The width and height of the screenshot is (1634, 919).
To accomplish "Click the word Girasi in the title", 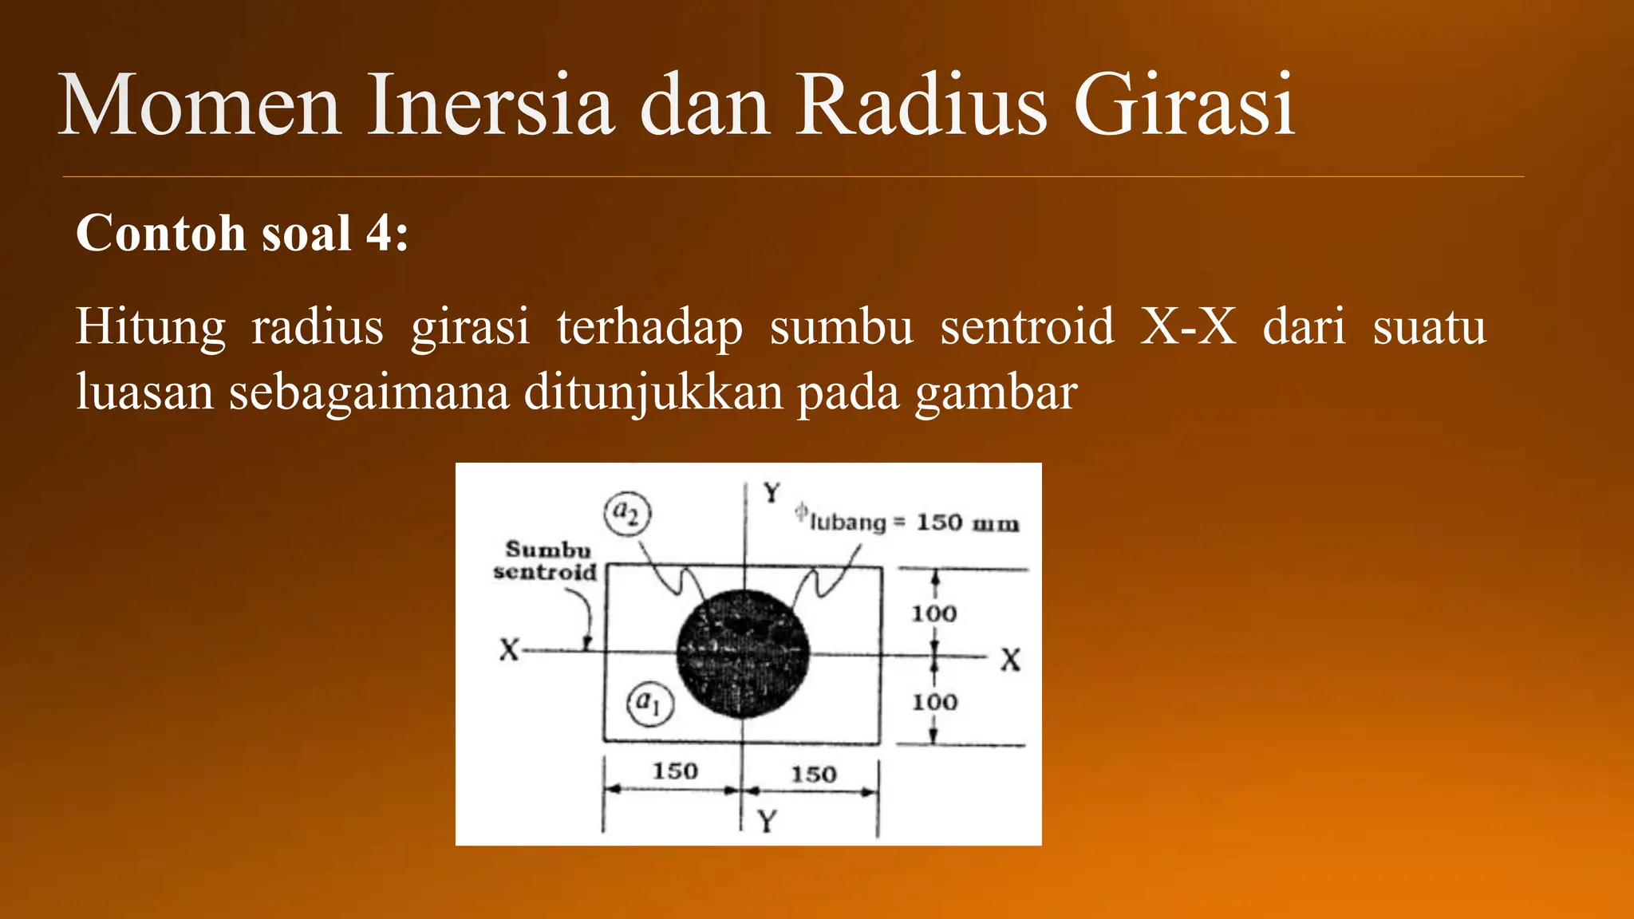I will (x=1184, y=105).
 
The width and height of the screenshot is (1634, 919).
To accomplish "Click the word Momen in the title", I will (x=199, y=105).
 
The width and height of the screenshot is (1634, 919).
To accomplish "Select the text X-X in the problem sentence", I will (x=1189, y=326).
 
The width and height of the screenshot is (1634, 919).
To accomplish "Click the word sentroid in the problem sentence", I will (x=1027, y=326).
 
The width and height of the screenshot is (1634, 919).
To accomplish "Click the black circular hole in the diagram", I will (x=743, y=654).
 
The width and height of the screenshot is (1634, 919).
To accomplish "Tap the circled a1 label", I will (x=649, y=704).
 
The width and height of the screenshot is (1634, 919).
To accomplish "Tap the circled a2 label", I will (x=628, y=513).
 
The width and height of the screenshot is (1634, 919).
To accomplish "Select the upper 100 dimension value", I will (x=933, y=613).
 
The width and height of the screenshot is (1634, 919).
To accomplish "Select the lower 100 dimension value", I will (x=934, y=702).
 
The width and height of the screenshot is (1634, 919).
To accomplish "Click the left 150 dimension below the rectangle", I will (x=675, y=771).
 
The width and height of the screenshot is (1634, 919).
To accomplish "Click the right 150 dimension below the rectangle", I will (x=813, y=774).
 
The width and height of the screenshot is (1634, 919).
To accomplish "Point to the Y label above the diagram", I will (x=771, y=493).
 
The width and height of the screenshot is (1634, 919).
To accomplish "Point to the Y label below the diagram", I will (x=767, y=821).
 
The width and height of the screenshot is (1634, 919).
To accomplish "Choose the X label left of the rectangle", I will (x=509, y=649).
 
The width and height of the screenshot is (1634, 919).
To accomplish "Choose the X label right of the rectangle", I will (x=1010, y=660).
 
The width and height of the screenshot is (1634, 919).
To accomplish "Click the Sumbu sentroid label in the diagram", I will (x=547, y=560).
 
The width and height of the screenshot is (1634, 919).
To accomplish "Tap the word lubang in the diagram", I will (x=847, y=523).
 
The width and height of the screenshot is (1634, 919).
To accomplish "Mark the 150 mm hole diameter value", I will (x=967, y=523).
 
